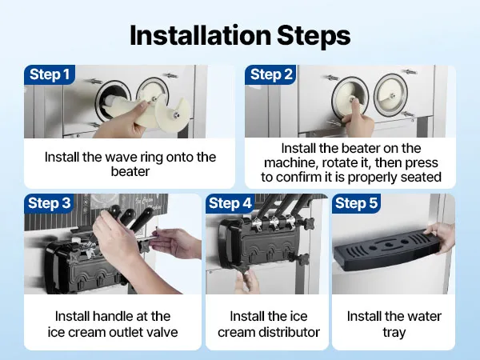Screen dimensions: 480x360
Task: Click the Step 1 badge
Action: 50,74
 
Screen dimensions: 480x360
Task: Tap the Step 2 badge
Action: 271,74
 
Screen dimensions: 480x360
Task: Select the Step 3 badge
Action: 50,203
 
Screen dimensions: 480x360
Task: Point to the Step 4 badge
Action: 230,203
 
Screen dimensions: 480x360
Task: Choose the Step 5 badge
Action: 356,203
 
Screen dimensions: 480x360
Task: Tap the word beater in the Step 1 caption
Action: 130,171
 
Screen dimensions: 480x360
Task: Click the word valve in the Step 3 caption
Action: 162,332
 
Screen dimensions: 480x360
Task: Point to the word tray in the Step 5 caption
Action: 394,333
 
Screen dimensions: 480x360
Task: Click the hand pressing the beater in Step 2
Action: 358,118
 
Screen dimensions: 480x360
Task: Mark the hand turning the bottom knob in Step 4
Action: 249,280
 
